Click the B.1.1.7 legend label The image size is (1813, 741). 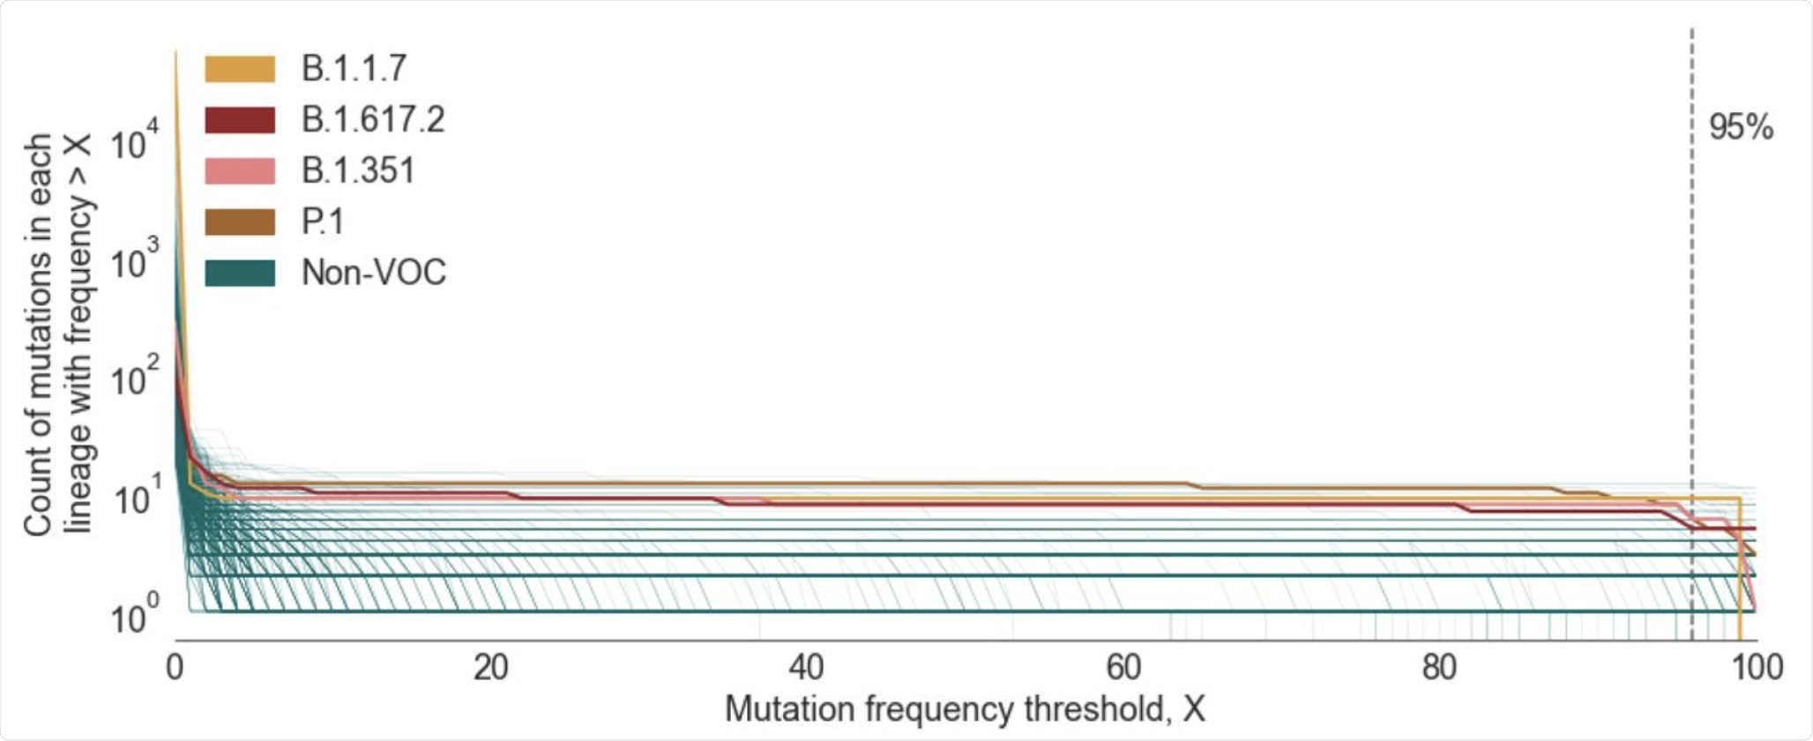[x=354, y=69]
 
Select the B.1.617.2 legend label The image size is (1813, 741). [x=373, y=120]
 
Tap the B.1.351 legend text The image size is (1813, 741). [x=358, y=171]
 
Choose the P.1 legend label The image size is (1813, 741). [x=323, y=222]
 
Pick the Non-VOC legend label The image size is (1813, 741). [x=374, y=273]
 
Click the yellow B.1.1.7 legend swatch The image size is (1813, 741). [x=240, y=69]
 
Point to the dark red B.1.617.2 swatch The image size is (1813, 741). [x=240, y=120]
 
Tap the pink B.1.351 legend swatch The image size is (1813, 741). [x=240, y=171]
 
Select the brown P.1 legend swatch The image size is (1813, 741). [x=240, y=222]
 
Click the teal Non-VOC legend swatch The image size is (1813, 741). [x=240, y=273]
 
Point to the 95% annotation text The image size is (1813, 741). [x=1741, y=128]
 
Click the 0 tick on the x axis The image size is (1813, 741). [x=175, y=668]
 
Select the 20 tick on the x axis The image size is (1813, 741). [x=490, y=668]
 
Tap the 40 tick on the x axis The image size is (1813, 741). [x=806, y=668]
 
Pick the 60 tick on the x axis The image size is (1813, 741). [x=1123, y=668]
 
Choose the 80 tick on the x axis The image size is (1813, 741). [x=1438, y=668]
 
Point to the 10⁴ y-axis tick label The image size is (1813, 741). [x=135, y=142]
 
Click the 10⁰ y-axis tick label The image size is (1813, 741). [x=135, y=617]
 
